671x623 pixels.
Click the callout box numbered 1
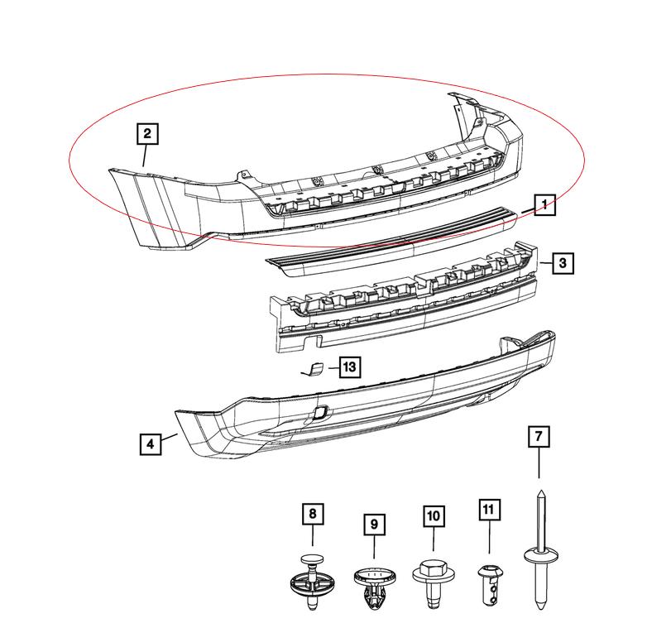[544, 205]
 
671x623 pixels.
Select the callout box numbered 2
[147, 134]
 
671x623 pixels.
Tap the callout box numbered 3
[563, 263]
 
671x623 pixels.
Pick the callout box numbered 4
[151, 444]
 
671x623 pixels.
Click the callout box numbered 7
[539, 437]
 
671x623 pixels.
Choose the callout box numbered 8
[313, 514]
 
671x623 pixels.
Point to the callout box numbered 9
[375, 525]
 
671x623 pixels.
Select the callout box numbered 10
[434, 516]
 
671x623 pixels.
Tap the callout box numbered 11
[489, 510]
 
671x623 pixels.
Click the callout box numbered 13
[350, 367]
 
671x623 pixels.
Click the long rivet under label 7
[540, 552]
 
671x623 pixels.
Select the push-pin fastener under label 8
[313, 581]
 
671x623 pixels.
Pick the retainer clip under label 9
[375, 587]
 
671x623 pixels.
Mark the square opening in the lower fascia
[320, 413]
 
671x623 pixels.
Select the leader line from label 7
[539, 463]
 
